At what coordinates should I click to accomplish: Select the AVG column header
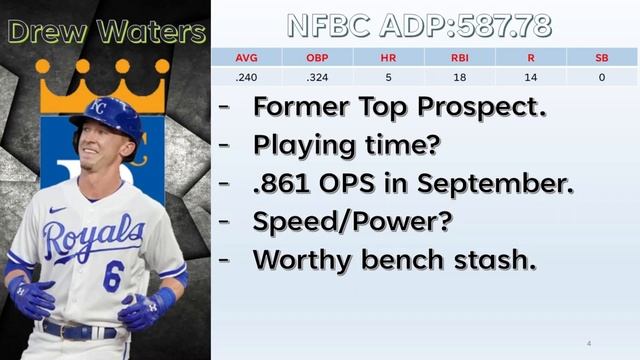pos(246,57)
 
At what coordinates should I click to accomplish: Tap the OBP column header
pos(317,57)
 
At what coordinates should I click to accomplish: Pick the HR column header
pos(388,57)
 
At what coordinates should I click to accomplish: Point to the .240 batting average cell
pos(246,76)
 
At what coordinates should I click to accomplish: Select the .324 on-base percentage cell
pos(317,76)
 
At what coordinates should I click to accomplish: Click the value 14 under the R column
pos(530,76)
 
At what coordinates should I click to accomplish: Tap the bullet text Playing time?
pos(346,145)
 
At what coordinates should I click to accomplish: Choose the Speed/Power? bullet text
pos(352,221)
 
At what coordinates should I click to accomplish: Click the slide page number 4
pos(588,344)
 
